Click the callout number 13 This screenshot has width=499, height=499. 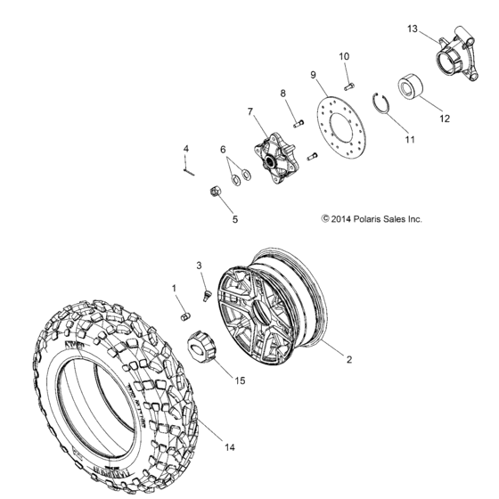[x=413, y=29]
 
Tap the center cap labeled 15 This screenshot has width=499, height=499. [x=200, y=343]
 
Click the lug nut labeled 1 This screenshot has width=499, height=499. [x=185, y=315]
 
